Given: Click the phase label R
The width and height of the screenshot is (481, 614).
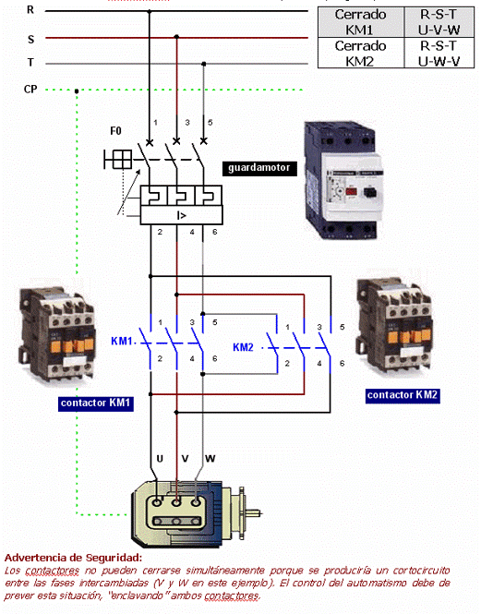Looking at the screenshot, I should [x=30, y=10].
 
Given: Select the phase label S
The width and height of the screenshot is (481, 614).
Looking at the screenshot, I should [x=30, y=40].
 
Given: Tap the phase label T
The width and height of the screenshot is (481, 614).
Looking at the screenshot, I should [x=30, y=64].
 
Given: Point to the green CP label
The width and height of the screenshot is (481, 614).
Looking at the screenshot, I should [x=31, y=90].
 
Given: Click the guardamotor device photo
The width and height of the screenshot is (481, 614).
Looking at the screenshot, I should [x=343, y=175].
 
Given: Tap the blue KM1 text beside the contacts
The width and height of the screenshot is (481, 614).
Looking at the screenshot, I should [x=122, y=342].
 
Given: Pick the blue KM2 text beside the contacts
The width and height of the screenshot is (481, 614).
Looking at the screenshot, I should [x=243, y=347].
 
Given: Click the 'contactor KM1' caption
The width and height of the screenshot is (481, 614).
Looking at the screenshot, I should [x=96, y=403].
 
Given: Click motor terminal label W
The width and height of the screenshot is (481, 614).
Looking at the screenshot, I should [x=210, y=459].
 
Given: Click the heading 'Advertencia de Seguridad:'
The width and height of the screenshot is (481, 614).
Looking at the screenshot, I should [x=73, y=558].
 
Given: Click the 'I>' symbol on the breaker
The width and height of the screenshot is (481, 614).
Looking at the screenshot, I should [x=182, y=216].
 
